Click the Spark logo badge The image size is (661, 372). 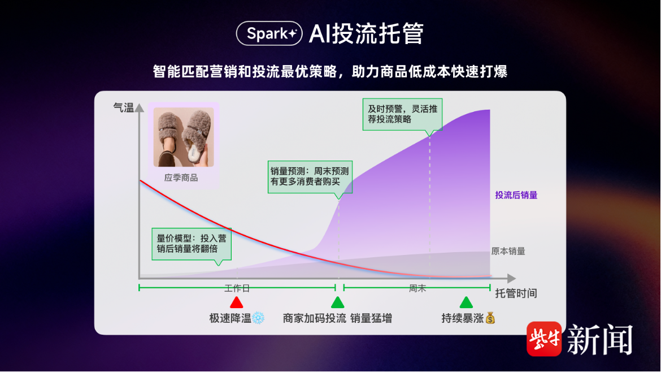[x=269, y=33]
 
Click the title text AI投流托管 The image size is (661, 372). [x=366, y=33]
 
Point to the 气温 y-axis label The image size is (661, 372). [x=124, y=108]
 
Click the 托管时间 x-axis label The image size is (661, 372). [x=516, y=293]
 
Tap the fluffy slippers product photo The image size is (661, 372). [x=184, y=137]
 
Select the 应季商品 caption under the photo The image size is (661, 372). [x=181, y=178]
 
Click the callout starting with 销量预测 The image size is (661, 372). [x=310, y=177]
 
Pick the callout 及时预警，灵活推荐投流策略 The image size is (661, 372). [x=403, y=115]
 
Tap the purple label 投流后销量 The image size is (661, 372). [x=516, y=195]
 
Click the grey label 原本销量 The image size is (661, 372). [x=508, y=252]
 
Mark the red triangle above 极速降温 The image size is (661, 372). [x=237, y=302]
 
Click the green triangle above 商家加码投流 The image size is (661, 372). [x=338, y=302]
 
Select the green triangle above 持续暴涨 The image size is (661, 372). [x=466, y=302]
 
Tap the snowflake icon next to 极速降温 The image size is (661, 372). [x=258, y=318]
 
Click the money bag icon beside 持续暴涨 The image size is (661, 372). [x=490, y=318]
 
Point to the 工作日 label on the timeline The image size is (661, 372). [x=237, y=288]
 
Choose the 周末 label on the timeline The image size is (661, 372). [x=418, y=288]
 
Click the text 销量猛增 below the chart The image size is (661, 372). [x=371, y=318]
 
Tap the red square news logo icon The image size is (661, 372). [x=544, y=339]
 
